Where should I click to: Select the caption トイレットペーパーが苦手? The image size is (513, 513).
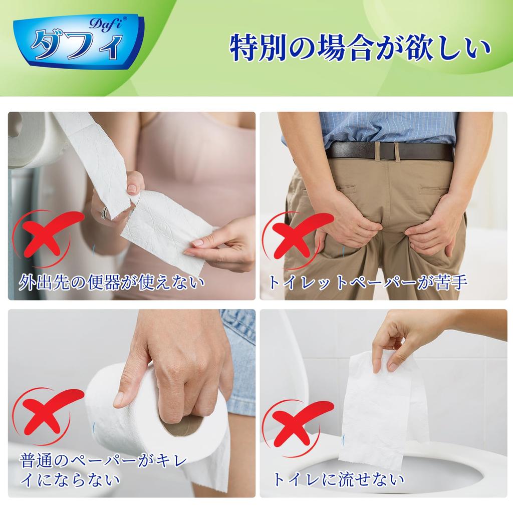coord(368,282)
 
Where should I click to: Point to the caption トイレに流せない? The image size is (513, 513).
coord(338,479)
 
